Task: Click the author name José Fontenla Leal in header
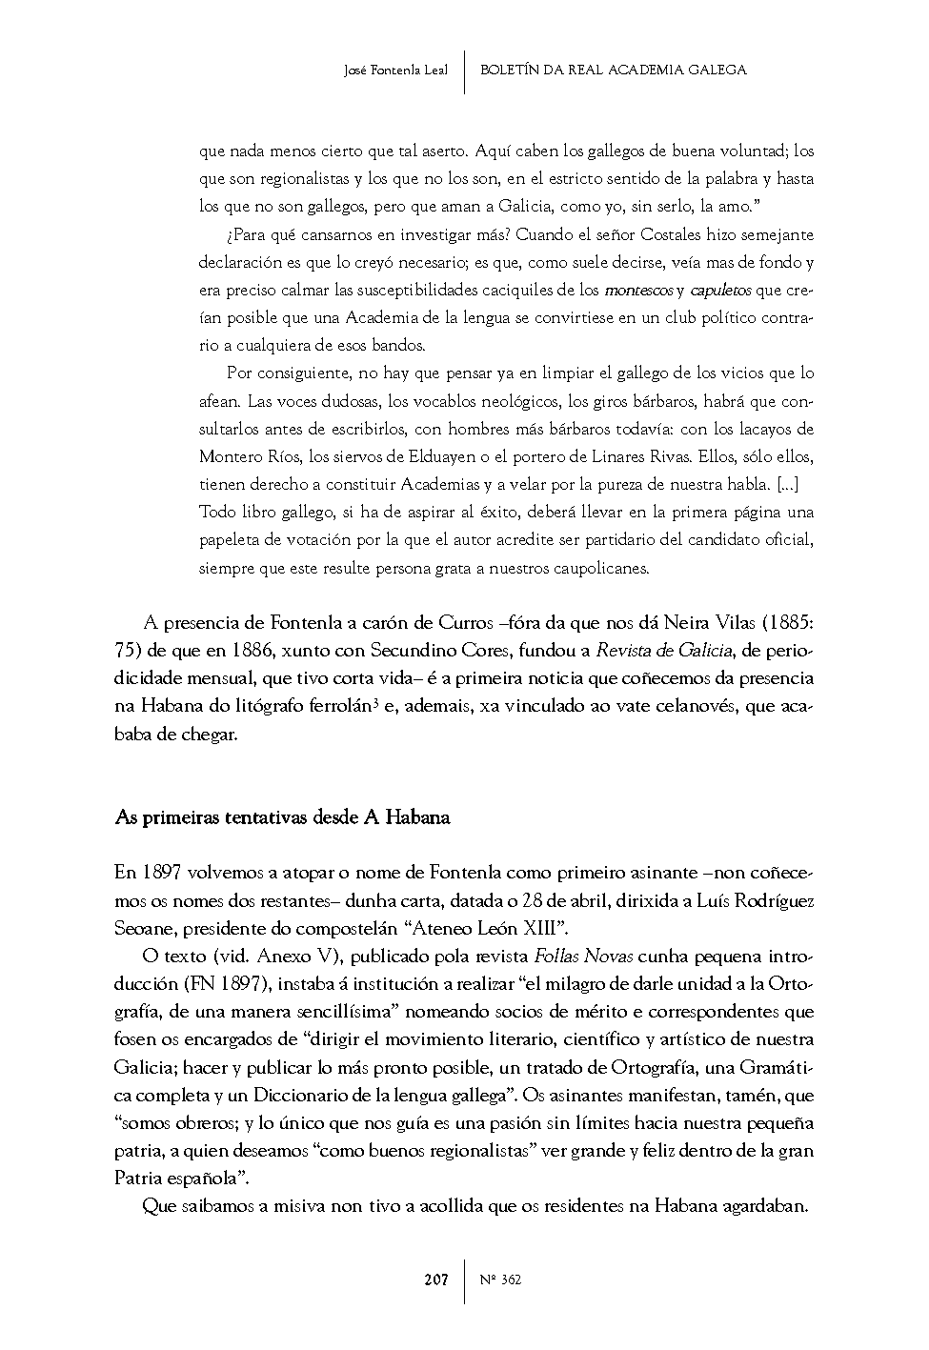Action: pyautogui.click(x=395, y=70)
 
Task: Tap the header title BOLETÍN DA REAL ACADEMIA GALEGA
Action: pyautogui.click(x=614, y=70)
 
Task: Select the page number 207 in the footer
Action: pyautogui.click(x=436, y=1279)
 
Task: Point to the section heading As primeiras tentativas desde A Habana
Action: pyautogui.click(x=282, y=817)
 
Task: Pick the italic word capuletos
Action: pyautogui.click(x=720, y=290)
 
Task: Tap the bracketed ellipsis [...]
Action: pyautogui.click(x=788, y=484)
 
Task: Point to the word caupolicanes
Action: pyautogui.click(x=596, y=569)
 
